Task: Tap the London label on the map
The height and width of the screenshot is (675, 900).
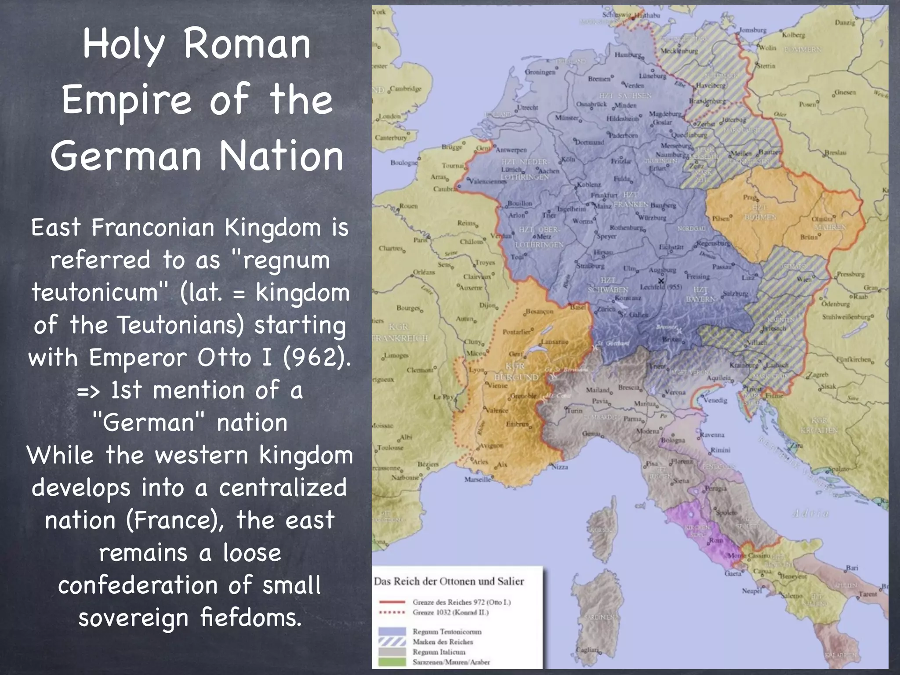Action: (389, 116)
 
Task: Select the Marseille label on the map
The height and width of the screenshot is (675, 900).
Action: (477, 479)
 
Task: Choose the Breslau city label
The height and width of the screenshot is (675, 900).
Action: (835, 152)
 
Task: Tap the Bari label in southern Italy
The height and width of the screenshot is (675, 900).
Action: (852, 568)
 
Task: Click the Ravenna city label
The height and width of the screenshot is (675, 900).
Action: (712, 435)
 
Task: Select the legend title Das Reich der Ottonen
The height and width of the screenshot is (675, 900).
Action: (449, 581)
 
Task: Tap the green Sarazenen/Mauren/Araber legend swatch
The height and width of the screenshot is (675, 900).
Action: (392, 662)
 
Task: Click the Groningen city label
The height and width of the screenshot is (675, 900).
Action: (540, 72)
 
